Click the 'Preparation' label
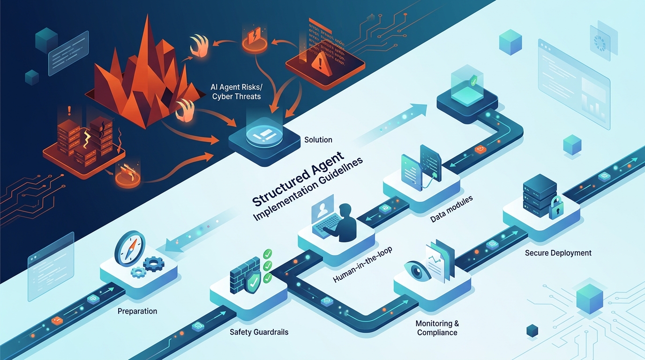pyautogui.click(x=137, y=311)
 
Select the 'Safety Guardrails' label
pyautogui.click(x=259, y=332)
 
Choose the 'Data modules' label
pyautogui.click(x=451, y=206)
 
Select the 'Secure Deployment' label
pyautogui.click(x=558, y=253)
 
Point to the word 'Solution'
pyautogui.click(x=318, y=140)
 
